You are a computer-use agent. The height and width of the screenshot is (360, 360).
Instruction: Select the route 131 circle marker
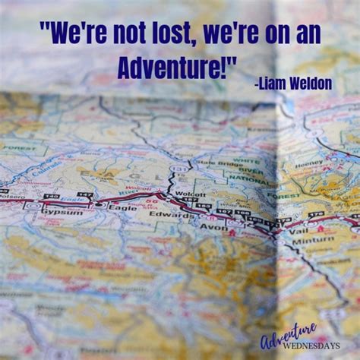coord(177,169)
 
